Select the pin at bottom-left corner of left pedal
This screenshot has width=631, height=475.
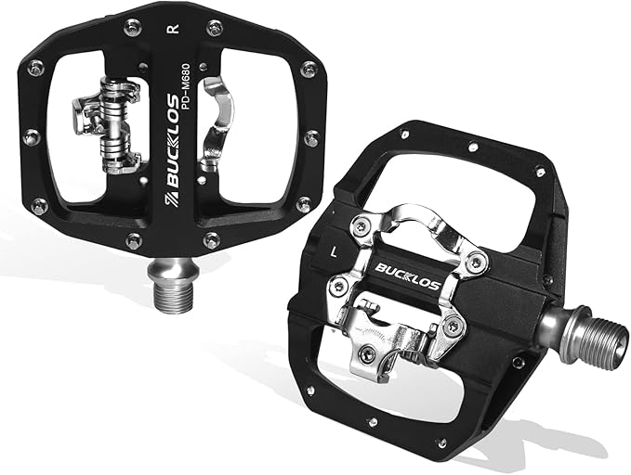(x=39, y=205)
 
